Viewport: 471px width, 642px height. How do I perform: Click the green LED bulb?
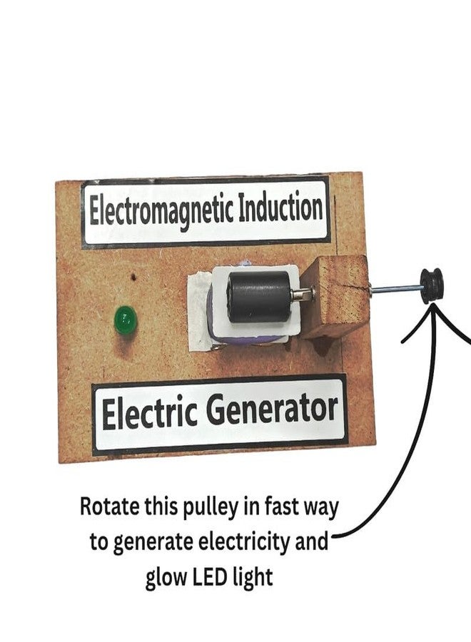[126, 320]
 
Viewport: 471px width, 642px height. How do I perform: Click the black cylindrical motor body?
[259, 296]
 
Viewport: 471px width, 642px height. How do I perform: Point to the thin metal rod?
[395, 288]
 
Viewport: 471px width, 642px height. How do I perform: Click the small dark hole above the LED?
[133, 277]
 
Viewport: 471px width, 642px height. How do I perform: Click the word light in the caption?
[253, 578]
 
